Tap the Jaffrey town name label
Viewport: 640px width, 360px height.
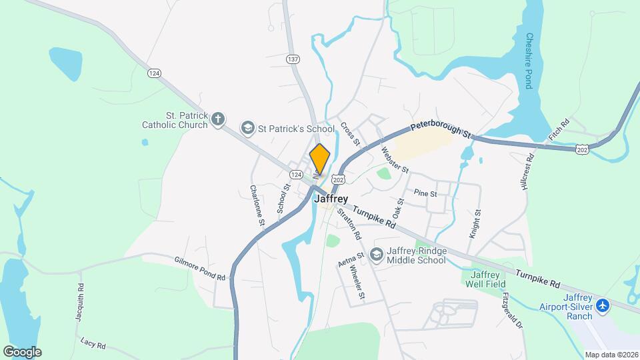pyautogui.click(x=331, y=199)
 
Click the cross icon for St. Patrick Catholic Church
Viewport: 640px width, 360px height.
pyautogui.click(x=217, y=120)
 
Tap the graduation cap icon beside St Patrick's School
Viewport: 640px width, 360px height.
pyautogui.click(x=247, y=128)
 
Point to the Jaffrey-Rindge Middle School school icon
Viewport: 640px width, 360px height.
pyautogui.click(x=377, y=255)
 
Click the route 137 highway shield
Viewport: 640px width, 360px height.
pyautogui.click(x=293, y=59)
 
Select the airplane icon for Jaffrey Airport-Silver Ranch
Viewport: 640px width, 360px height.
pyautogui.click(x=603, y=305)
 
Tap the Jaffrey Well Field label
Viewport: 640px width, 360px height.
pyautogui.click(x=481, y=281)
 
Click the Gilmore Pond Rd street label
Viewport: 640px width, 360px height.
pyautogui.click(x=200, y=268)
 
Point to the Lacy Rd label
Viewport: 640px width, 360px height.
pyautogui.click(x=93, y=344)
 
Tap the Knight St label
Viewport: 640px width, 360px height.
pyautogui.click(x=476, y=224)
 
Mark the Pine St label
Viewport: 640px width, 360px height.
pyautogui.click(x=425, y=194)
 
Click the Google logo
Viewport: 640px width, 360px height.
pyautogui.click(x=22, y=351)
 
